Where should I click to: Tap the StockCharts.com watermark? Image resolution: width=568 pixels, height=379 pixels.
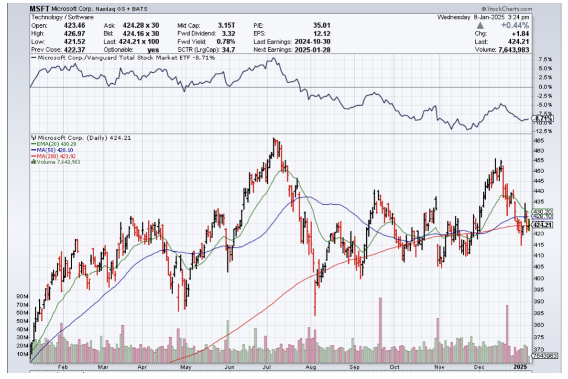pos(507,9)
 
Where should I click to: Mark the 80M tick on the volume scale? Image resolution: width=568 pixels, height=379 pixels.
pos(22,297)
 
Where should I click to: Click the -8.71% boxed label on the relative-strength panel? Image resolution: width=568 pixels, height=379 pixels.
pos(543,118)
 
